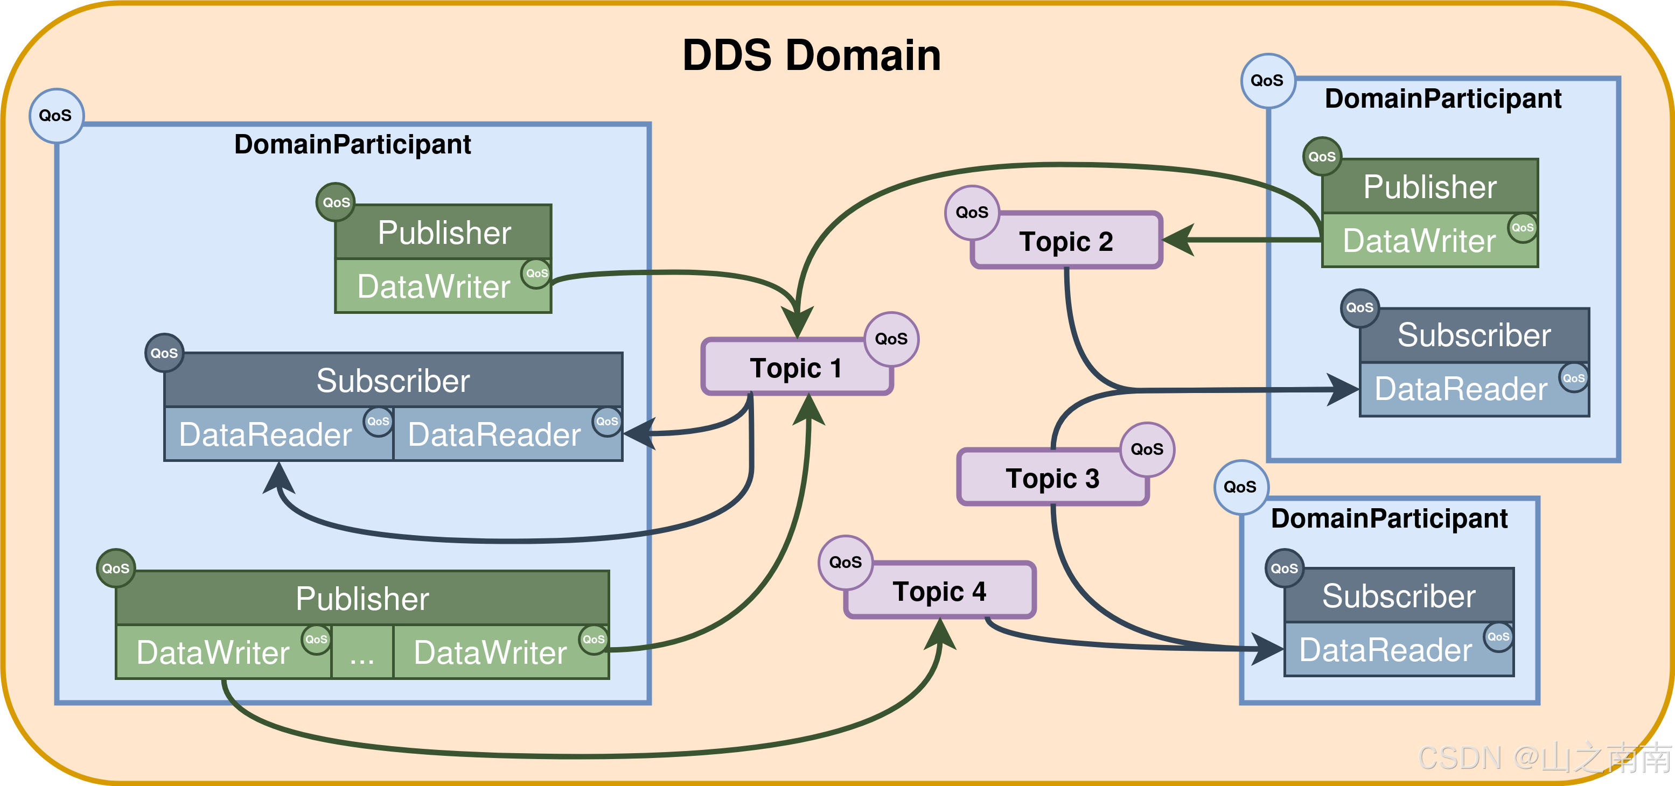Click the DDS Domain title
pyautogui.click(x=811, y=55)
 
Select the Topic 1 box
pyautogui.click(x=796, y=368)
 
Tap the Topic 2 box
pyautogui.click(x=1066, y=241)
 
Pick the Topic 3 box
pyautogui.click(x=1052, y=479)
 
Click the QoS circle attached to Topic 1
pyautogui.click(x=891, y=339)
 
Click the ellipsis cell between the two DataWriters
pyautogui.click(x=361, y=652)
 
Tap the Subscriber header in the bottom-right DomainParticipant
pyautogui.click(x=1399, y=596)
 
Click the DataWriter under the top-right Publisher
pyautogui.click(x=1419, y=241)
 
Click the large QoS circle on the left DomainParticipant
pyautogui.click(x=56, y=116)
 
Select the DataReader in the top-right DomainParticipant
pyautogui.click(x=1461, y=389)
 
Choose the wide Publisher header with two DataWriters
pyautogui.click(x=362, y=598)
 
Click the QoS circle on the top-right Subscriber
pyautogui.click(x=1359, y=307)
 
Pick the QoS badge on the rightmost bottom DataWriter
pyautogui.click(x=593, y=640)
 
